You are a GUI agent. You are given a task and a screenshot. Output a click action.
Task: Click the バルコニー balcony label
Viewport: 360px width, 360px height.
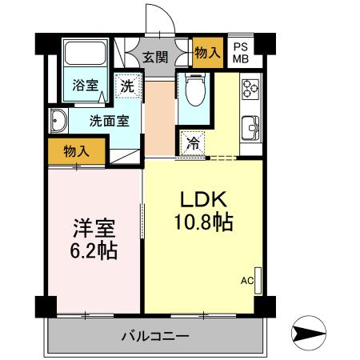pos(155,336)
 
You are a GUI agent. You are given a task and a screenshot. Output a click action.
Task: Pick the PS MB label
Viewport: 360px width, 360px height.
pos(240,52)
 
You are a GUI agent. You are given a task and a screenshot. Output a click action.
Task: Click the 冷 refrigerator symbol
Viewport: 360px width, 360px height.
pos(193,144)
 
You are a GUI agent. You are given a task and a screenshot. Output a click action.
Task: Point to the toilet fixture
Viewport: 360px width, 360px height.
pos(193,92)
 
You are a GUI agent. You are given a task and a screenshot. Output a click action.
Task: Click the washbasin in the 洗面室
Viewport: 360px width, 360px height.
pos(58,122)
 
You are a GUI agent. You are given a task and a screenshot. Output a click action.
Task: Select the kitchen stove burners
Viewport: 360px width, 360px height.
pos(250,86)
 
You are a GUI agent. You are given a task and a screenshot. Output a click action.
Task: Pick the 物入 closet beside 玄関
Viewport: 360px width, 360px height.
pos(207,53)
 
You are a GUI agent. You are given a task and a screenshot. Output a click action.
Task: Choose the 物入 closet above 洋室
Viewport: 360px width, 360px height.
pos(76,150)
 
